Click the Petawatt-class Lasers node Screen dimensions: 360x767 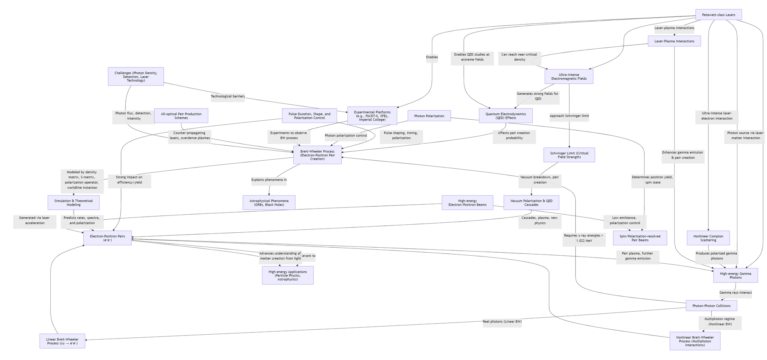pyautogui.click(x=718, y=15)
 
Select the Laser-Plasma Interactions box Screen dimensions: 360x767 pyautogui.click(x=674, y=41)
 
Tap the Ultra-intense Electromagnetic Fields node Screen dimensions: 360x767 pyautogui.click(x=569, y=77)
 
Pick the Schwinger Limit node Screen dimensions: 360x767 pyautogui.click(x=569, y=155)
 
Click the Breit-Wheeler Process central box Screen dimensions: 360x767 pyautogui.click(x=317, y=155)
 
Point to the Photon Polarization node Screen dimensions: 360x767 pyautogui.click(x=429, y=116)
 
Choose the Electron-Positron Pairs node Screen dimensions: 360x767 pyautogui.click(x=107, y=238)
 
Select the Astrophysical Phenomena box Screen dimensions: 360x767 pyautogui.click(x=269, y=202)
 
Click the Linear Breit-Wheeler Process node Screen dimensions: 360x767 pyautogui.click(x=62, y=341)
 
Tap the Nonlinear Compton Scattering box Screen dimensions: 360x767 pyautogui.click(x=708, y=238)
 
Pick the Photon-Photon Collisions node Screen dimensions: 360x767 pyautogui.click(x=711, y=306)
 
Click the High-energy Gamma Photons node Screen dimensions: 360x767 pyautogui.click(x=735, y=275)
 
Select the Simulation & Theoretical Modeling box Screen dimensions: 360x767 pyautogui.click(x=74, y=202)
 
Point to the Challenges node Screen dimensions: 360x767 pyautogui.click(x=136, y=77)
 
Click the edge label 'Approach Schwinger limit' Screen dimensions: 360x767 pyautogui.click(x=569, y=116)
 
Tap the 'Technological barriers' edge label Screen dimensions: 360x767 pyautogui.click(x=227, y=96)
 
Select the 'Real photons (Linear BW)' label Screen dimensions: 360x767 pyautogui.click(x=502, y=321)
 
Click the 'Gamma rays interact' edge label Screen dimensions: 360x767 pyautogui.click(x=735, y=293)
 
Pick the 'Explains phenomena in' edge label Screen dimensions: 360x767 pyautogui.click(x=269, y=179)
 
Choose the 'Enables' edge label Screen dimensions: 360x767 pyautogui.click(x=432, y=57)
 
